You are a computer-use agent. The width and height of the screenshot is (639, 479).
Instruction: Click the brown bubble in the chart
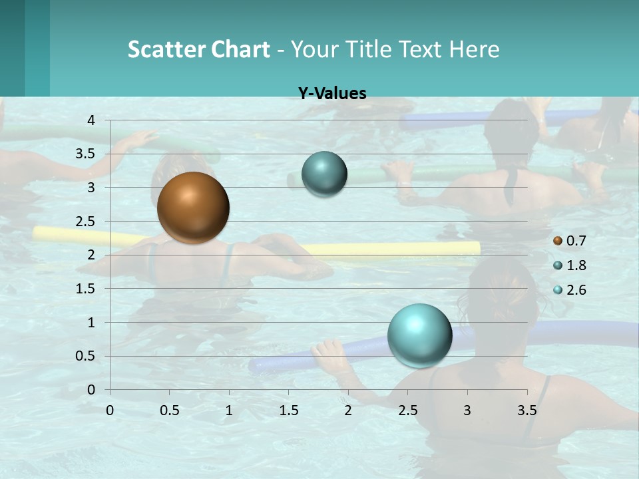[193, 208]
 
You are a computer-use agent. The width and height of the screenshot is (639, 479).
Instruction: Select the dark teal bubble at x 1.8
[324, 174]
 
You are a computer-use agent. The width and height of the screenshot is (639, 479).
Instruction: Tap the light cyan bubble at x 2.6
[419, 335]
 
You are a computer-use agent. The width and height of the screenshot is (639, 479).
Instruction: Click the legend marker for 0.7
[558, 241]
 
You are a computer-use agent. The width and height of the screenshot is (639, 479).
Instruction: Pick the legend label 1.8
[576, 265]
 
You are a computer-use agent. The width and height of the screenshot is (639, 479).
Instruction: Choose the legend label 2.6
[576, 290]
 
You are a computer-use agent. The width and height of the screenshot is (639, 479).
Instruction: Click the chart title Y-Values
[332, 94]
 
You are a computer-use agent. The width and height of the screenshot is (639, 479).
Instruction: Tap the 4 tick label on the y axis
[91, 120]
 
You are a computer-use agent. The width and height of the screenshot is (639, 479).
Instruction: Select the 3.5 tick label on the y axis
[86, 154]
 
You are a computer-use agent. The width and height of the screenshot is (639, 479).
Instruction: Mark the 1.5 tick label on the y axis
[86, 289]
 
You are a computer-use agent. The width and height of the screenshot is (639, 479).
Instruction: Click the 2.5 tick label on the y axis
[86, 222]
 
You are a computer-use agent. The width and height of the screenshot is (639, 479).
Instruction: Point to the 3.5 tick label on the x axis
[527, 410]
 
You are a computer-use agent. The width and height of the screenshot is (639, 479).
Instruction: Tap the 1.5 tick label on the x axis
[288, 410]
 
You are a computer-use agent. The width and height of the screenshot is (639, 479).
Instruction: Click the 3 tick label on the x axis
[467, 410]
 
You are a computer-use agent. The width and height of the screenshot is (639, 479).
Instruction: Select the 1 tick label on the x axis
[229, 410]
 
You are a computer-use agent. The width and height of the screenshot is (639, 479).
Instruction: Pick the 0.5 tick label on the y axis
[86, 356]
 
